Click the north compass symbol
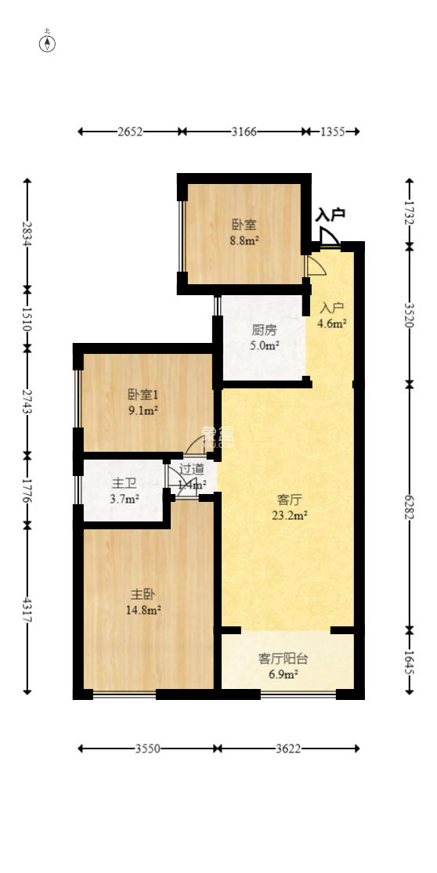click(48, 44)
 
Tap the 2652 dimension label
click(130, 132)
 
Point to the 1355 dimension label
click(333, 132)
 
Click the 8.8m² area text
click(244, 241)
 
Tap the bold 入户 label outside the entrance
click(330, 215)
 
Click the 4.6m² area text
click(332, 322)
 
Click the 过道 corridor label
click(192, 469)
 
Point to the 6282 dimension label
click(409, 507)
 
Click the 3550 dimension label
click(147, 749)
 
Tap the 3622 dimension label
click(288, 749)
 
